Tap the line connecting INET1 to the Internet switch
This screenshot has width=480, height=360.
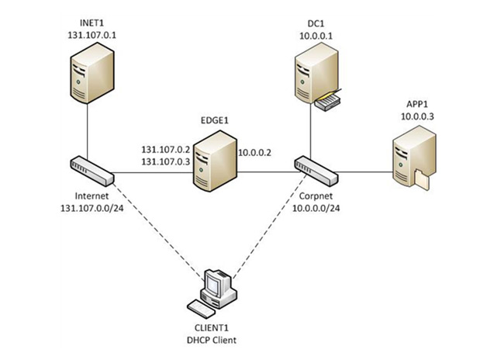coord(86,128)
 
